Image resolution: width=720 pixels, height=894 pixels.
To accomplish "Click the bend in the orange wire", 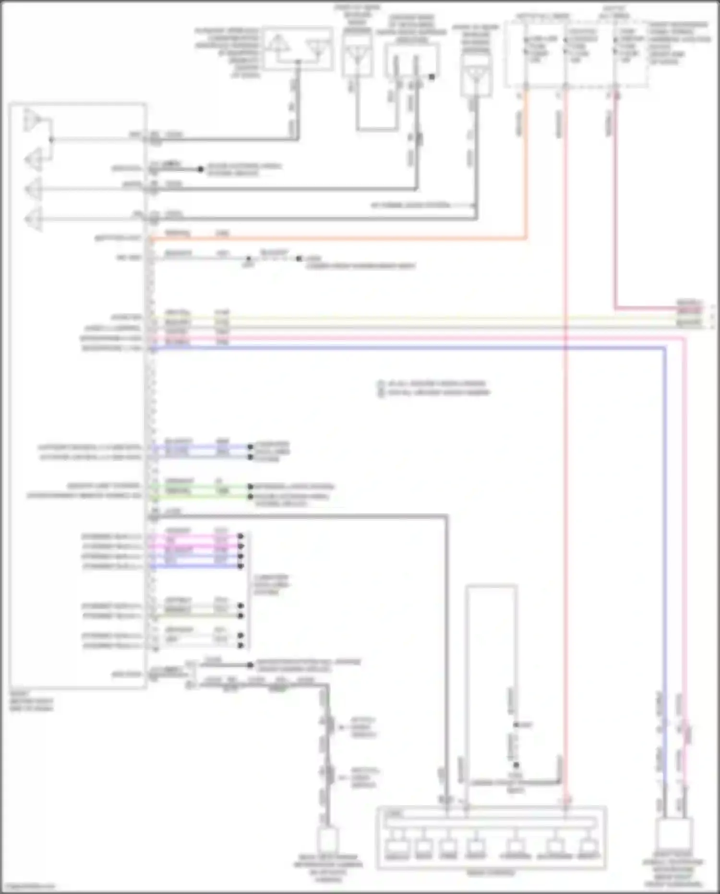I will point(526,237).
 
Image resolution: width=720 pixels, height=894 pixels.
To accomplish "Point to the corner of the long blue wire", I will point(664,348).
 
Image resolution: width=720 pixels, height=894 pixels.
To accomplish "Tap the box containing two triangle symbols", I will point(298,49).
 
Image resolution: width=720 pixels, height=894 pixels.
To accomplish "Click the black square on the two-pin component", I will point(432,77).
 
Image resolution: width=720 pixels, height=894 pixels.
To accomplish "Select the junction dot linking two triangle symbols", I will point(51,140).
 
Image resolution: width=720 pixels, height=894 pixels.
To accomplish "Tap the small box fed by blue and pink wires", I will point(673,833).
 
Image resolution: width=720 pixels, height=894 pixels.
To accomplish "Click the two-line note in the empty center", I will point(435,388).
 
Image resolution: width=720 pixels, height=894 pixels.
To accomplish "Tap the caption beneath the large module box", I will point(32,701).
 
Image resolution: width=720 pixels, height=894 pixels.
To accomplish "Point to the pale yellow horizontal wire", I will point(432,318).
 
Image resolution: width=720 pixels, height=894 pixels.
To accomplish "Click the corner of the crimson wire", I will point(616,307).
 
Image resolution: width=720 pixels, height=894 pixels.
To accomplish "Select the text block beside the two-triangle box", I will point(228,52).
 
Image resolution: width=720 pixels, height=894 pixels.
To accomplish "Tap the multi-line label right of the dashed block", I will point(679,43).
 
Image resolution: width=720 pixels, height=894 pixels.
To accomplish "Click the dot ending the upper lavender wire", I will point(250,447).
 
